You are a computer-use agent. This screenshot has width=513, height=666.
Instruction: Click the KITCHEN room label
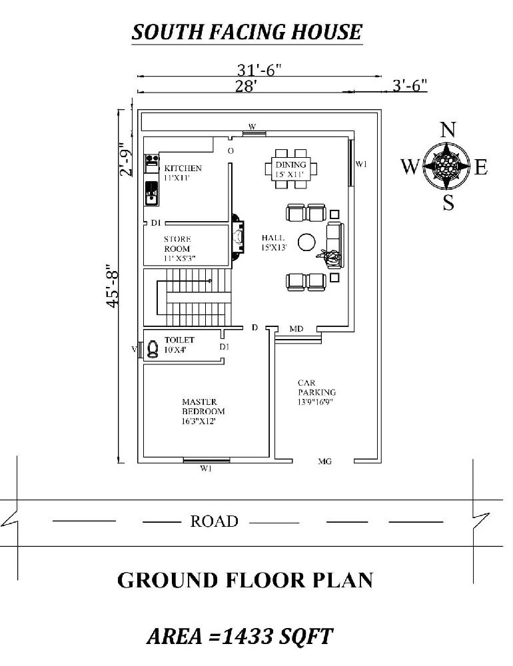point(183,168)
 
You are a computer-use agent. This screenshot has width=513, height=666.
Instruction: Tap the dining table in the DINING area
point(291,168)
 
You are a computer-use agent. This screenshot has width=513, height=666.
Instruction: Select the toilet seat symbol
point(152,349)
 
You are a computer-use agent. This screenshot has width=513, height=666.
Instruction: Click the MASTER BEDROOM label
point(204,406)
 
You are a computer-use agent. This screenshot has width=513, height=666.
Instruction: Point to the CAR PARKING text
point(316,388)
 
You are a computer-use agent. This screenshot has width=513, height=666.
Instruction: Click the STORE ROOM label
point(177,244)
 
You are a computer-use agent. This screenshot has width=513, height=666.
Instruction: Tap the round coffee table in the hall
point(306,242)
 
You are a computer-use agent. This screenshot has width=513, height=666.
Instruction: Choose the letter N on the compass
point(447,130)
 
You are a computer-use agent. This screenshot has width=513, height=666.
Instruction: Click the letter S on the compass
point(448,202)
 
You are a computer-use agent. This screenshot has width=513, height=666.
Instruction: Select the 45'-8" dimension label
point(113,286)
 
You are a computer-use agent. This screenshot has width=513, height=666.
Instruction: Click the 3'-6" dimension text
point(409,85)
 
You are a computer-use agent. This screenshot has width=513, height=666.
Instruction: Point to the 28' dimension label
point(247,86)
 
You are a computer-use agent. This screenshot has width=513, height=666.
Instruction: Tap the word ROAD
point(215,521)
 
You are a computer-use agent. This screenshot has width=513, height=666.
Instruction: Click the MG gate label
point(325,461)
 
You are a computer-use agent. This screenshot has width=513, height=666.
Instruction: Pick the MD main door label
point(296,329)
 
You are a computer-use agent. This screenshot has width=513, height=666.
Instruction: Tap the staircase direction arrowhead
point(210,281)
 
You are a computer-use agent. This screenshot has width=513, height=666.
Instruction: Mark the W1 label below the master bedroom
point(206,468)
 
